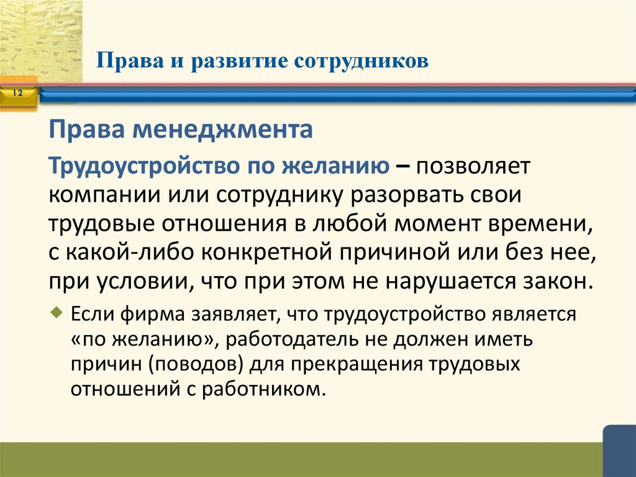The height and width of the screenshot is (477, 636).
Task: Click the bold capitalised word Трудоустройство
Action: [x=143, y=166]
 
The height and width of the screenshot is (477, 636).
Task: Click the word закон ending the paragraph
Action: [x=561, y=280]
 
